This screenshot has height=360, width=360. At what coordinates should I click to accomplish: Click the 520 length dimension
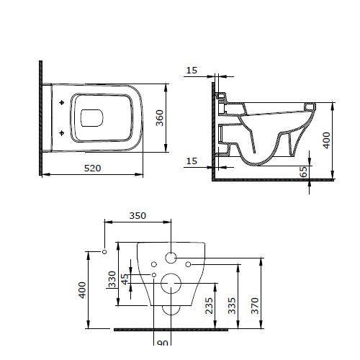(92, 168)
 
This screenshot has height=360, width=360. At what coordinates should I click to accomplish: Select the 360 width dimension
(160, 118)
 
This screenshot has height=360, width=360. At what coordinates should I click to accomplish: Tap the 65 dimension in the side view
(303, 172)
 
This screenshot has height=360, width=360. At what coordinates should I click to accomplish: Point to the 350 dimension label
(138, 216)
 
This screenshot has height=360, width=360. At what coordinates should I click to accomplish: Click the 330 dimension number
(112, 279)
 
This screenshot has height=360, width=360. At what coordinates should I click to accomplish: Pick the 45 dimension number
(125, 279)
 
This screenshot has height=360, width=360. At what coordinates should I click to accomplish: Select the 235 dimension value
(209, 305)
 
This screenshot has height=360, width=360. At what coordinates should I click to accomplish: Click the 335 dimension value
(232, 305)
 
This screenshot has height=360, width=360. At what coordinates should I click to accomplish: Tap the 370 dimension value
(255, 305)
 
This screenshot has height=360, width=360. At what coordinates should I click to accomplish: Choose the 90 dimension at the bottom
(163, 343)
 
